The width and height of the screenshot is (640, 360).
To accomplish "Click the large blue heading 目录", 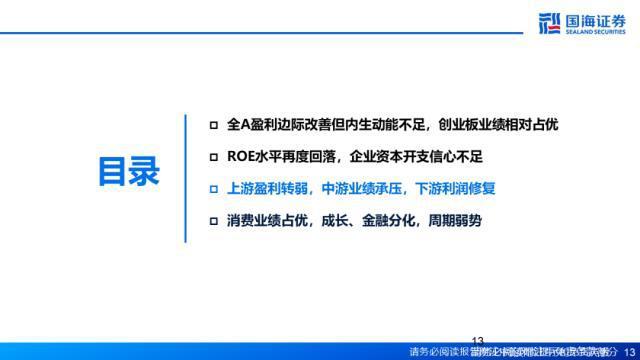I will [x=130, y=171].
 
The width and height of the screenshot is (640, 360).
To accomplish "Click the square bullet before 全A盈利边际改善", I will [x=212, y=124].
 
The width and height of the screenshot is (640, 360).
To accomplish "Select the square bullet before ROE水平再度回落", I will [x=212, y=156].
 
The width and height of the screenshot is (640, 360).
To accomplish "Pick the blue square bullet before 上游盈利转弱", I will [x=212, y=187].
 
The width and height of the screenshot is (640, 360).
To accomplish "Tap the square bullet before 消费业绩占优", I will [x=212, y=219].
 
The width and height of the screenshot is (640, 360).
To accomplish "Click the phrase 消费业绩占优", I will [x=272, y=219].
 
